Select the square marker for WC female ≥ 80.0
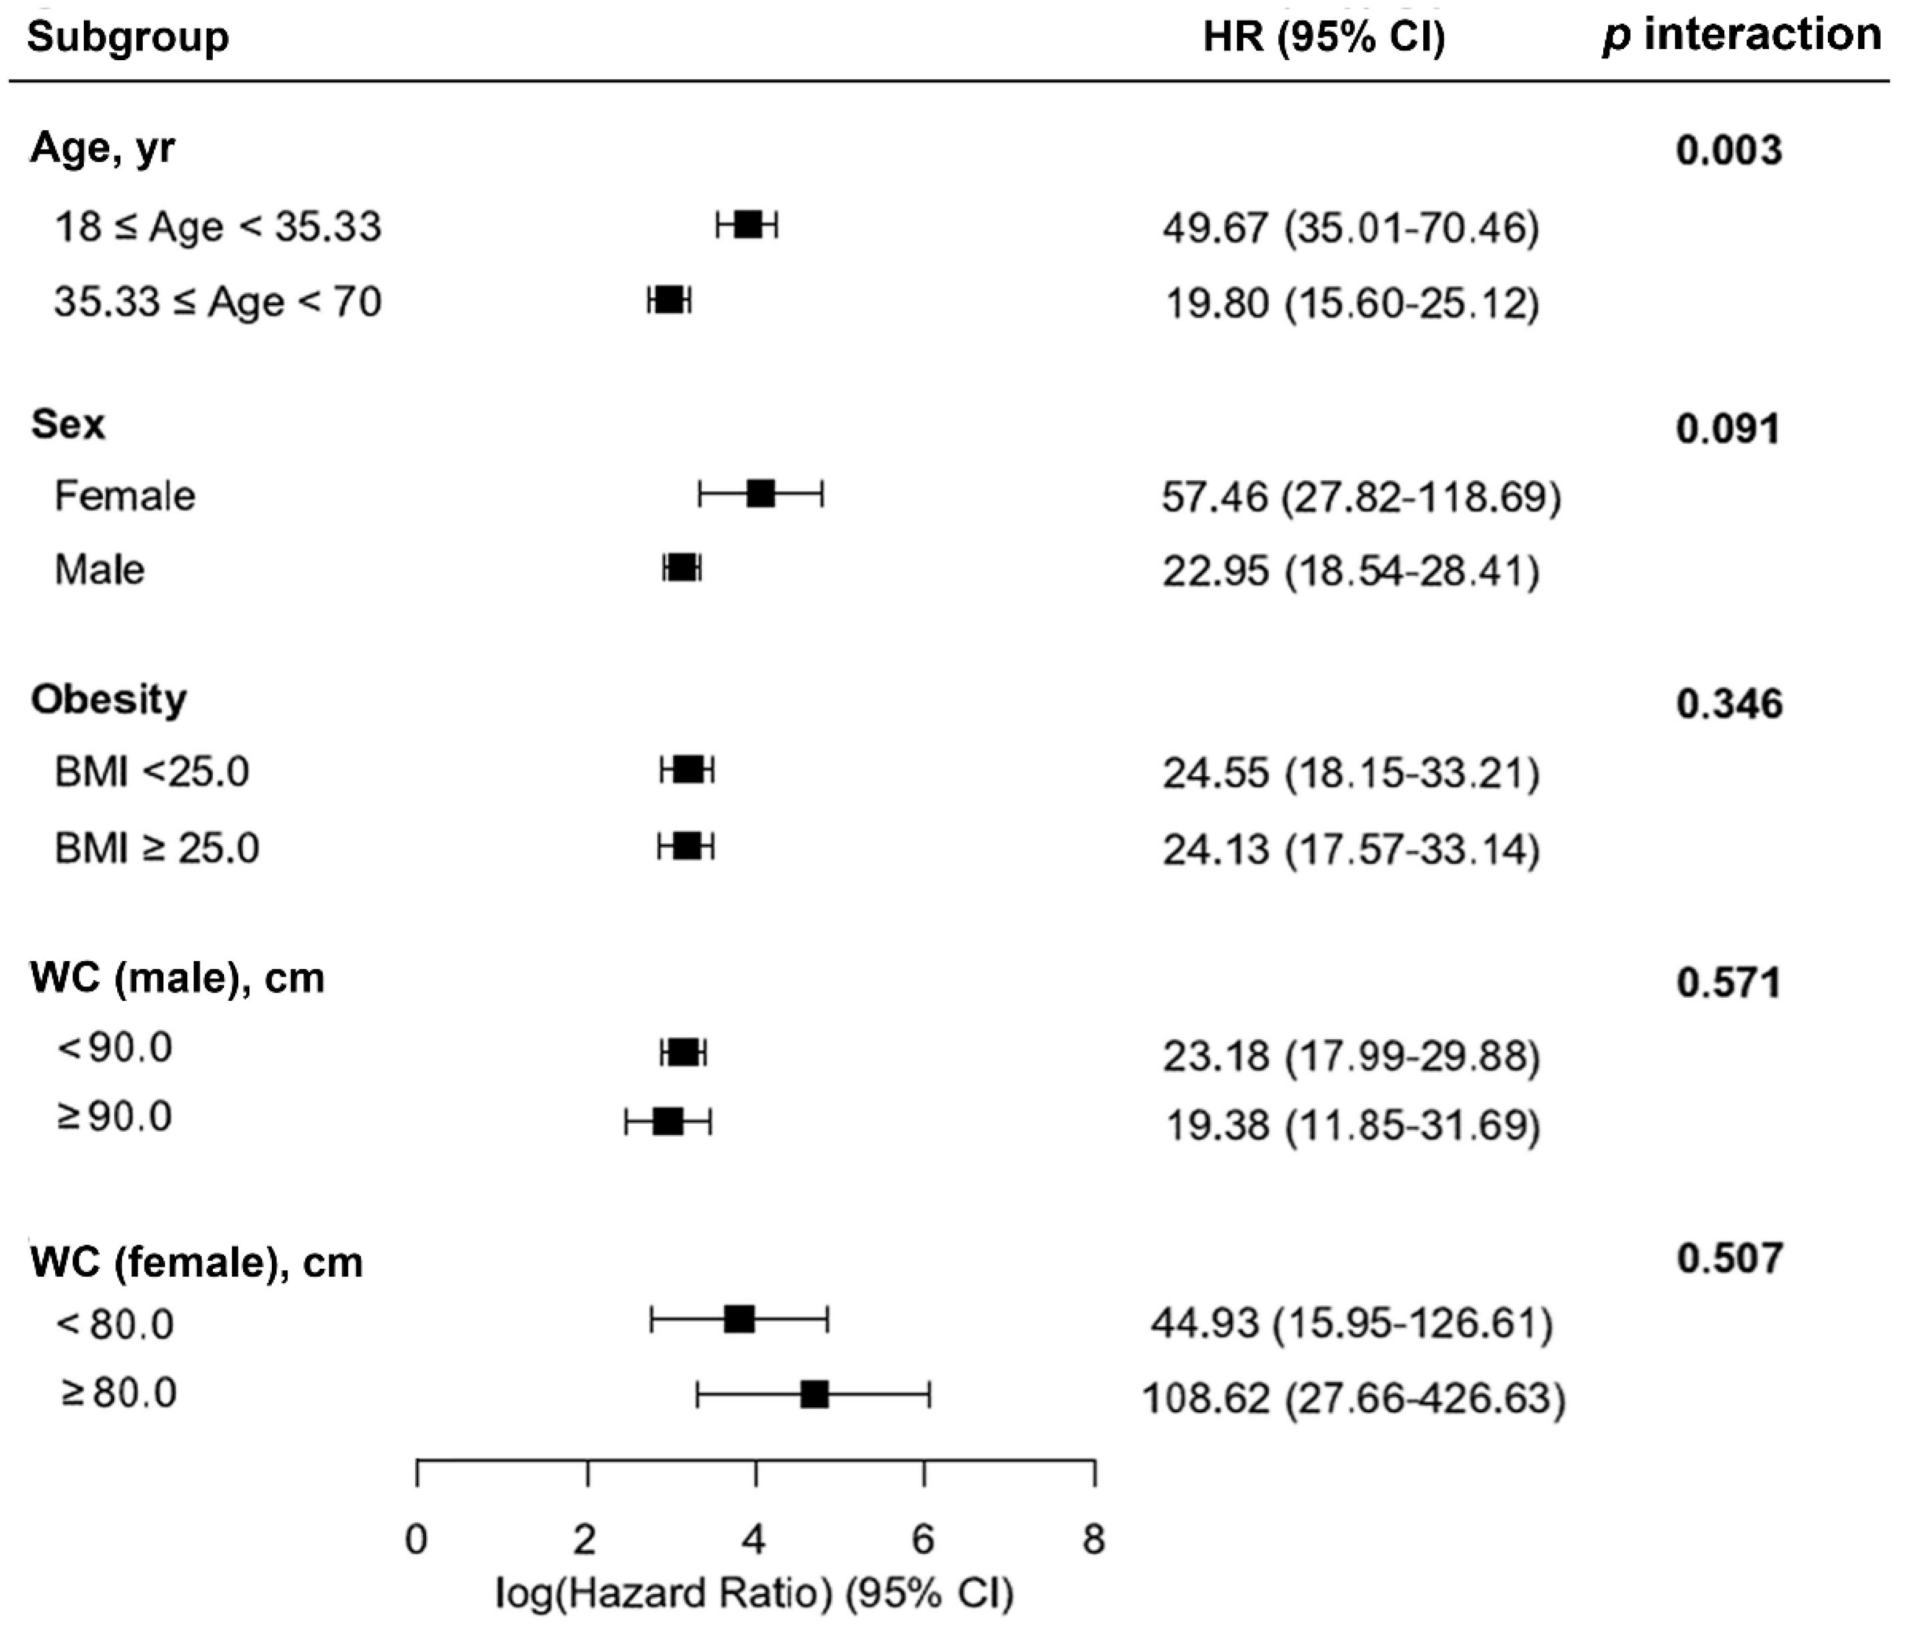(814, 1394)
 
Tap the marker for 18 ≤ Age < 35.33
(748, 225)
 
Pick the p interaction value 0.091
(1727, 429)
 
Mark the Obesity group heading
(109, 700)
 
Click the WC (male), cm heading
(177, 978)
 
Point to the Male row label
(99, 570)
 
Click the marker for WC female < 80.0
(740, 1319)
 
